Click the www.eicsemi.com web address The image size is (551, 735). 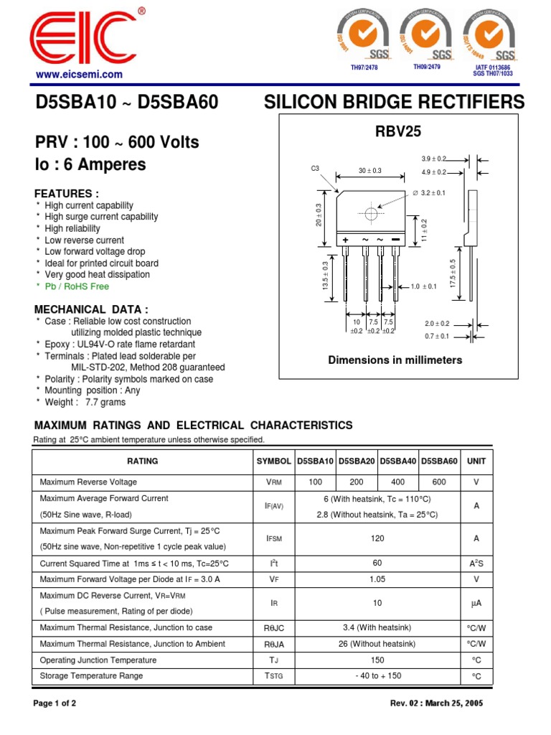click(x=78, y=74)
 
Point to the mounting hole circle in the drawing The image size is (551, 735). click(x=371, y=214)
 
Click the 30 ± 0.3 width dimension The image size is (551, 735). click(x=370, y=171)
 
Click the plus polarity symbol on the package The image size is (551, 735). click(x=346, y=239)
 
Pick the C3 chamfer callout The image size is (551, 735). click(x=314, y=168)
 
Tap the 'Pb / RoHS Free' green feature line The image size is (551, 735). click(x=77, y=286)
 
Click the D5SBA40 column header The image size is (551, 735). click(x=399, y=462)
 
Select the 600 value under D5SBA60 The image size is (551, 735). click(x=439, y=482)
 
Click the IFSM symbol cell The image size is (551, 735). click(x=274, y=538)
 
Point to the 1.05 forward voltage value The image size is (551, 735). click(x=378, y=579)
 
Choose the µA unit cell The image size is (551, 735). click(x=476, y=604)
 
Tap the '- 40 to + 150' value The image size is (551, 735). click(x=378, y=676)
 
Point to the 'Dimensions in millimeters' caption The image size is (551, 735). click(x=395, y=360)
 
